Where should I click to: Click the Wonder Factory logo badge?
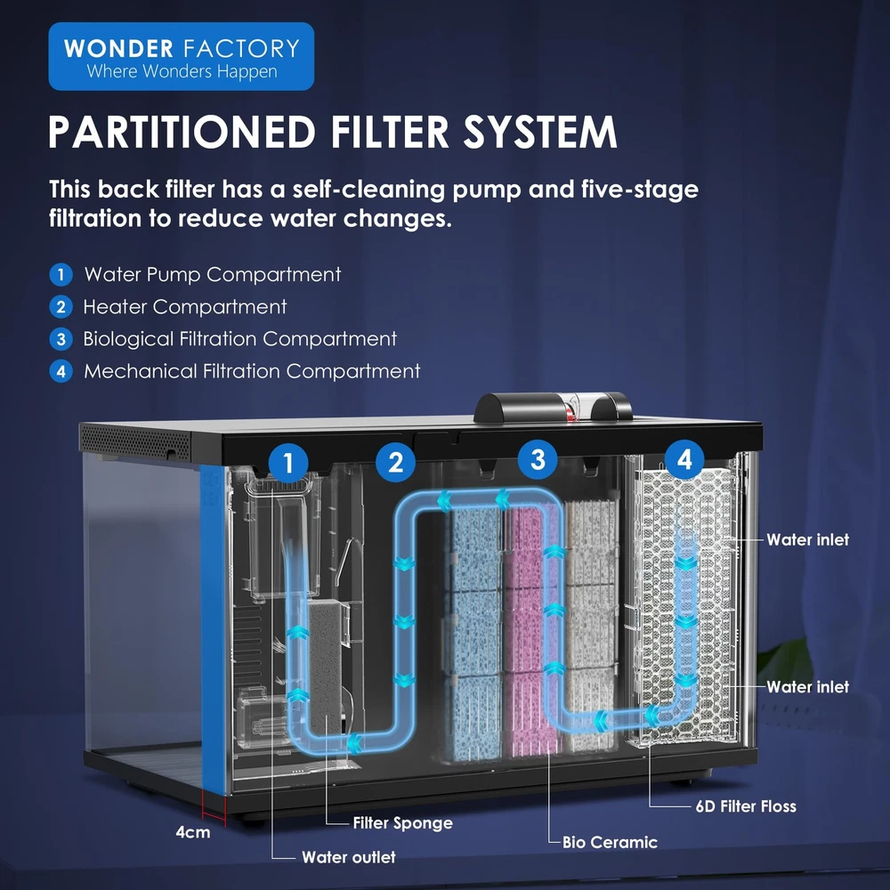click(x=181, y=57)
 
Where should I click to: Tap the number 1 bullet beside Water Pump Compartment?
click(x=61, y=274)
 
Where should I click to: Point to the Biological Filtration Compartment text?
click(x=239, y=339)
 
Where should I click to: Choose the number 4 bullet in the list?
click(x=61, y=371)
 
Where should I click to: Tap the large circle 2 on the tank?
click(x=396, y=462)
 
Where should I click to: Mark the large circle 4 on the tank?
click(x=684, y=459)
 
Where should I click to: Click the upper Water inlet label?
click(x=807, y=539)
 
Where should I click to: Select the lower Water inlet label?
click(x=807, y=687)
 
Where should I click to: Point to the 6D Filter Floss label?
click(x=746, y=807)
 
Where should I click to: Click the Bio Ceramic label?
click(x=610, y=842)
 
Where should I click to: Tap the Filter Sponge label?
click(x=402, y=823)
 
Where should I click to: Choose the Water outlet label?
click(x=348, y=858)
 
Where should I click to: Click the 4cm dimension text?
click(x=192, y=833)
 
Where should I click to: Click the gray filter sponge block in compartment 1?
click(x=328, y=659)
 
